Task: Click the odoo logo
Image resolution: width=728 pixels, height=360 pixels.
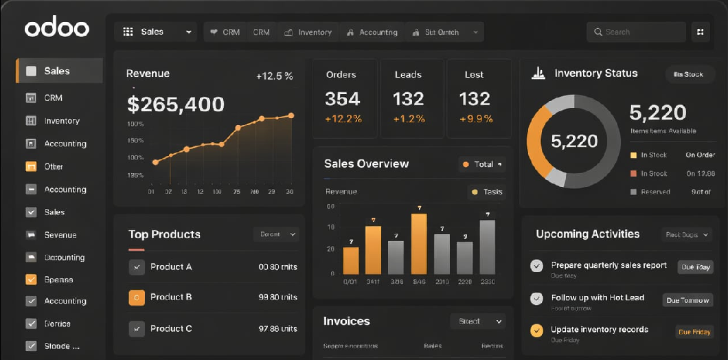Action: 57,28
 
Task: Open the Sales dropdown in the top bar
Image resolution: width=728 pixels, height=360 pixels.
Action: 157,32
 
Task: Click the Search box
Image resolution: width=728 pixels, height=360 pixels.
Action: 635,32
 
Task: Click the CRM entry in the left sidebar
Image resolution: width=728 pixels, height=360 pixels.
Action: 53,98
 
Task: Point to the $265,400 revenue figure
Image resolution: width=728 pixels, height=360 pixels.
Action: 176,104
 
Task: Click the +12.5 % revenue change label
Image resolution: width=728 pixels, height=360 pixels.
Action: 274,76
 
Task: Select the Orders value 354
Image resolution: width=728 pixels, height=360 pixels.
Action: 342,99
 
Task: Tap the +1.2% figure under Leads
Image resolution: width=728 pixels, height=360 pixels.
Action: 409,119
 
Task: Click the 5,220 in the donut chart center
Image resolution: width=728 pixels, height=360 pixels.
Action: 574,142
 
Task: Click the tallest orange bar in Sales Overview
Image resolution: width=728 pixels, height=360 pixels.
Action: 419,244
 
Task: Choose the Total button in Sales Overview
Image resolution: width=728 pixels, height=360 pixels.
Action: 482,164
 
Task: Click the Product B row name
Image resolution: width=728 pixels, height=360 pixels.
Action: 171,297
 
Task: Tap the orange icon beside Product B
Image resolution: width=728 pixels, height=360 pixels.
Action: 137,297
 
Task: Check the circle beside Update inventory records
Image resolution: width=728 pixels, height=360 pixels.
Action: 536,330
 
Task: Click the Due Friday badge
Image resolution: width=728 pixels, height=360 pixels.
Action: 694,332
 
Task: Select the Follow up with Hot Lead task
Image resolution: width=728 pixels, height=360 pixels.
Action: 598,297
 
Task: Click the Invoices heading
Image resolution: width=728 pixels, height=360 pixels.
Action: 346,321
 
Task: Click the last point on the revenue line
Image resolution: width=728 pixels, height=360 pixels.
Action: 291,115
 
